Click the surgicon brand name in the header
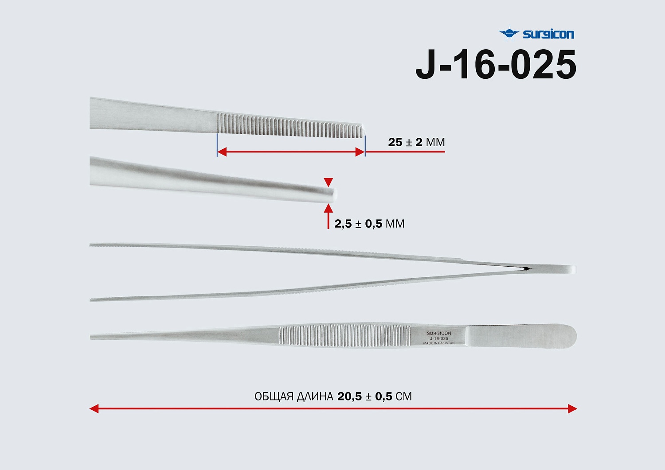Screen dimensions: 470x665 (548, 34)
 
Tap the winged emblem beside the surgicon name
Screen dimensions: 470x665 (509, 33)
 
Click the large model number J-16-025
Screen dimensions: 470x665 (496, 65)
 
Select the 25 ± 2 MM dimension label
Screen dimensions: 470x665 (416, 142)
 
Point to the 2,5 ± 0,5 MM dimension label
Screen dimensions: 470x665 (369, 224)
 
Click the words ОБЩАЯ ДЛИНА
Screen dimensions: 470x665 (293, 396)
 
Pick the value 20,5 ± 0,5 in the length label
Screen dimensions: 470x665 (364, 396)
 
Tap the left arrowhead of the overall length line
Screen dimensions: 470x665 (94, 408)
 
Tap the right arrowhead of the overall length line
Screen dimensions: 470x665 (572, 408)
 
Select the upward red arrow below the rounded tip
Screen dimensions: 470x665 (328, 215)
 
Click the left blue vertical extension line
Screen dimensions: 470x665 (217, 145)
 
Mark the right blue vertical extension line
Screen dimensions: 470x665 (365, 145)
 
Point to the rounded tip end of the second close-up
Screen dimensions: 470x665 (334, 194)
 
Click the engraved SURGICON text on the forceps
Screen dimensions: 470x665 (439, 333)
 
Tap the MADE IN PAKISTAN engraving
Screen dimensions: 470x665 (439, 343)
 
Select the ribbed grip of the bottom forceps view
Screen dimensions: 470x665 (344, 336)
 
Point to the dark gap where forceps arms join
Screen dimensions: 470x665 (526, 268)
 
